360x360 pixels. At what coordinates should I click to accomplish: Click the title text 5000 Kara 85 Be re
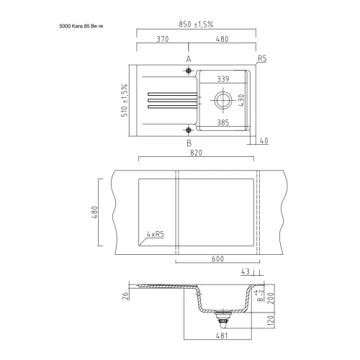pyautogui.click(x=81, y=26)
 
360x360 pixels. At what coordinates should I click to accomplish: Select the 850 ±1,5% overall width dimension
pyautogui.click(x=196, y=24)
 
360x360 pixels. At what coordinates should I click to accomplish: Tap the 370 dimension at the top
pyautogui.click(x=163, y=39)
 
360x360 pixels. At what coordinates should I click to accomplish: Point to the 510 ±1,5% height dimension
pyautogui.click(x=125, y=100)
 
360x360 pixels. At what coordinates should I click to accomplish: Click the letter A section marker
pyautogui.click(x=189, y=59)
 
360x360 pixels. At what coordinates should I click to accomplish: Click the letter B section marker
pyautogui.click(x=189, y=143)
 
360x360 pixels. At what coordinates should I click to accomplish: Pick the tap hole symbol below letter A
pyautogui.click(x=189, y=71)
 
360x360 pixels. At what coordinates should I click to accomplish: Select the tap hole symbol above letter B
pyautogui.click(x=189, y=130)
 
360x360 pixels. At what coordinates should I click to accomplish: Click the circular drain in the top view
pyautogui.click(x=223, y=100)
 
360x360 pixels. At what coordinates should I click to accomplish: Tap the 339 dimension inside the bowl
pyautogui.click(x=223, y=79)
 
